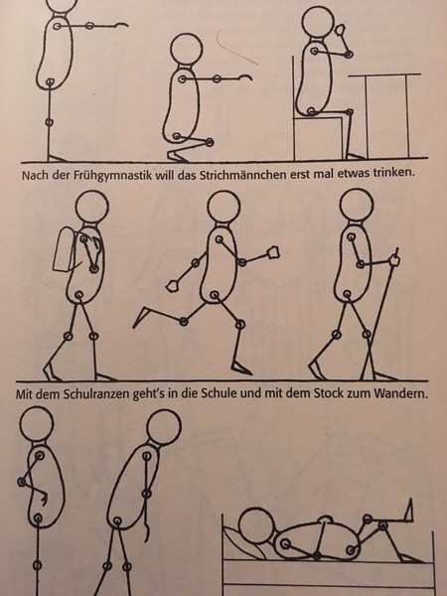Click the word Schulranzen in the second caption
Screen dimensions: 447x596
96,393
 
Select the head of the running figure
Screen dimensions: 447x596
223,208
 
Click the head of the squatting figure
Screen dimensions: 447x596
187,50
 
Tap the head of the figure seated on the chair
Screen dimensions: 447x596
319,22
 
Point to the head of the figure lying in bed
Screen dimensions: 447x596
256,526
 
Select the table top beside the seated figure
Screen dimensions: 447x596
384,74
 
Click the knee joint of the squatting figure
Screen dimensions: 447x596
210,142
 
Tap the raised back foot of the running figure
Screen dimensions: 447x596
142,316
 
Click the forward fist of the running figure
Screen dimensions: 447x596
274,252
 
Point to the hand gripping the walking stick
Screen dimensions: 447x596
394,260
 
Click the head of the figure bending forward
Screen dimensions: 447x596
164,427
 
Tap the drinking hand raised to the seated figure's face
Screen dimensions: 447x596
340,30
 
